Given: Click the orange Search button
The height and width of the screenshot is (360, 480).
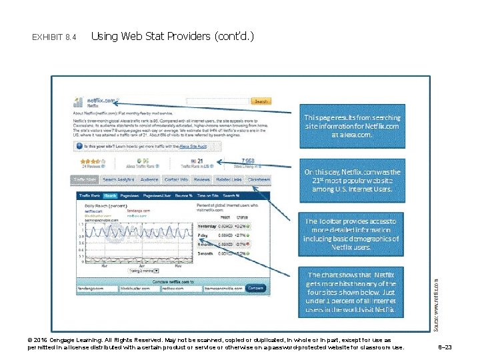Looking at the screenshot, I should (261, 101).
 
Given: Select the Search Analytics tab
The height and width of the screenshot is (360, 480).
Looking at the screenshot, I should (118, 180).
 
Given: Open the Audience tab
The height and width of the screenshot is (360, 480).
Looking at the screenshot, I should (149, 180).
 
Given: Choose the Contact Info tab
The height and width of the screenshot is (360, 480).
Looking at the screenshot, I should (176, 180).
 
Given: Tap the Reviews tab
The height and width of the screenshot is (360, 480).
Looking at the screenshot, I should (201, 180).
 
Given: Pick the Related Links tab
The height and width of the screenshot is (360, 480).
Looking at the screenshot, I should (229, 180).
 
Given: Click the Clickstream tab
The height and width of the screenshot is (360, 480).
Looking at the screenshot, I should (258, 180).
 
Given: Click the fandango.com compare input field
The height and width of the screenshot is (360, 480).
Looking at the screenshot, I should (94, 289).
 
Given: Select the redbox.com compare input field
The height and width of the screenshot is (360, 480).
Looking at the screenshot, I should (179, 289).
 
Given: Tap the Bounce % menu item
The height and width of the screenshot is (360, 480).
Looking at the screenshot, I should (184, 195).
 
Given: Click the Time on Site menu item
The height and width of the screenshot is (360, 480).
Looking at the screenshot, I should (208, 195).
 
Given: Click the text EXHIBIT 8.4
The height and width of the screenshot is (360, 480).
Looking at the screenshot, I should (54, 36).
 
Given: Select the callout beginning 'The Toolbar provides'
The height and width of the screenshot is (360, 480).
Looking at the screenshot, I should (352, 234).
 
